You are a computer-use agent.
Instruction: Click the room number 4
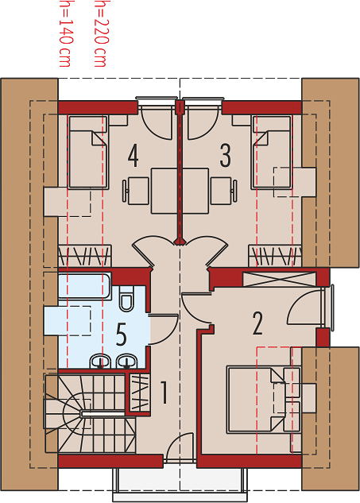click(x=133, y=156)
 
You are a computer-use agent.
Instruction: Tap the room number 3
click(x=225, y=156)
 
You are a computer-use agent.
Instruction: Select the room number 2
click(x=257, y=323)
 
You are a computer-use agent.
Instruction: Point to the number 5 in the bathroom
click(x=122, y=335)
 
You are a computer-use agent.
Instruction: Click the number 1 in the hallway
click(x=164, y=392)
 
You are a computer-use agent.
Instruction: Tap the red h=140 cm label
click(x=64, y=33)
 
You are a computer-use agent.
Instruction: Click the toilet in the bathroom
click(x=126, y=298)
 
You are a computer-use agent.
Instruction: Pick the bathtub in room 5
click(x=85, y=286)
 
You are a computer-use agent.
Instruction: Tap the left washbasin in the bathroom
click(x=101, y=362)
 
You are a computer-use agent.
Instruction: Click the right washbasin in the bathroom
click(x=127, y=362)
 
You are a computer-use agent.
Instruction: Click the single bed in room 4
click(x=88, y=152)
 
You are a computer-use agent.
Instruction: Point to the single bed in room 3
click(x=273, y=152)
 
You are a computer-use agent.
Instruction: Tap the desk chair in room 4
click(x=136, y=191)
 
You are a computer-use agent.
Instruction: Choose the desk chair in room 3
click(x=224, y=191)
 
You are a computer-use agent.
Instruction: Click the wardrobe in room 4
click(x=85, y=256)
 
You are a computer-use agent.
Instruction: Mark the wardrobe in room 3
click(x=275, y=256)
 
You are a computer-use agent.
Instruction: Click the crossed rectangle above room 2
click(x=279, y=279)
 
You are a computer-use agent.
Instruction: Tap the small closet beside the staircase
click(x=140, y=393)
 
